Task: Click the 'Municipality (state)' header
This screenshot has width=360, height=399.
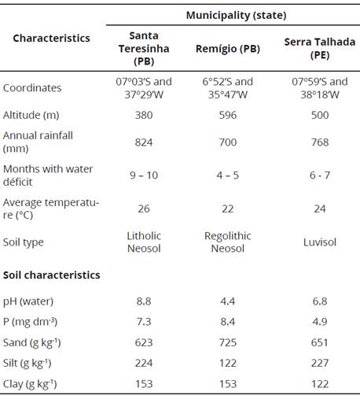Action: pyautogui.click(x=236, y=15)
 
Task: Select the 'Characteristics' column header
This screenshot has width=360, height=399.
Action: pyautogui.click(x=51, y=38)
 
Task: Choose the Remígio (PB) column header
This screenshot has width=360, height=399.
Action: pyautogui.click(x=227, y=48)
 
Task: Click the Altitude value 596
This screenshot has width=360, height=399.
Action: pyautogui.click(x=227, y=114)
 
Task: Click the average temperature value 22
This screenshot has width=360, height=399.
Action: pyautogui.click(x=227, y=209)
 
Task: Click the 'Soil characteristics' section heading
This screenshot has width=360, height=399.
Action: pyautogui.click(x=51, y=275)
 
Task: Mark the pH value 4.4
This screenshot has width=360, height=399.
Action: pyautogui.click(x=227, y=301)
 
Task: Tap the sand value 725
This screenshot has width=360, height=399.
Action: pyautogui.click(x=227, y=342)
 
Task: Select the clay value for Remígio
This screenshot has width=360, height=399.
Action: pyautogui.click(x=227, y=383)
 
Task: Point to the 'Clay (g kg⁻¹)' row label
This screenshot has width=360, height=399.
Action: pyautogui.click(x=31, y=383)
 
